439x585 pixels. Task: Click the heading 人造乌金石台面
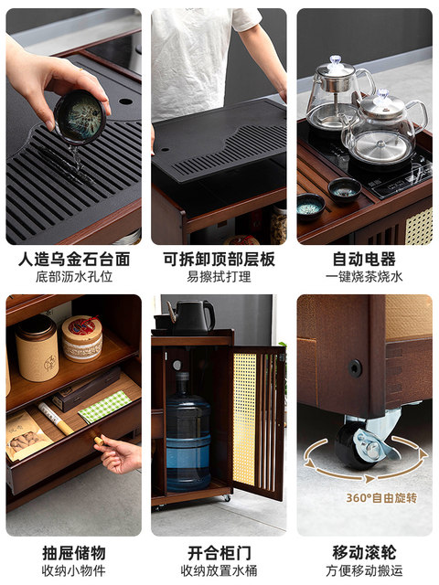click(x=74, y=260)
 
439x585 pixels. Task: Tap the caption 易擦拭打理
click(x=219, y=277)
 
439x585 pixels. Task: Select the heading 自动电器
click(x=364, y=260)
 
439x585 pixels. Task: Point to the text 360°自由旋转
click(x=381, y=498)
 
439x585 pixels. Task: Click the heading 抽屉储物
click(x=74, y=553)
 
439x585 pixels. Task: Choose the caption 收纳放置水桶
click(x=219, y=570)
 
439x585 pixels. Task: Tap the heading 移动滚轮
click(x=364, y=553)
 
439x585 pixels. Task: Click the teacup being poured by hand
click(x=80, y=117)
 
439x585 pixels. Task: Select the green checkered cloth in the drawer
click(x=105, y=406)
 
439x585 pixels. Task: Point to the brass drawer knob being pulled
click(x=99, y=441)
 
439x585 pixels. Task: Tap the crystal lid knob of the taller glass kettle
click(x=336, y=59)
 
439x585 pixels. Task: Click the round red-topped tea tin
click(x=82, y=338)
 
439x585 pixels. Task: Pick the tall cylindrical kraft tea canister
click(x=37, y=348)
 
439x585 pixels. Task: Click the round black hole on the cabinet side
click(x=355, y=367)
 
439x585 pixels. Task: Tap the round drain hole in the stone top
click(x=126, y=101)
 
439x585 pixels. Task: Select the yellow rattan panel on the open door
click(x=244, y=419)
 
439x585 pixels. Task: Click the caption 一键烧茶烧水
click(x=364, y=277)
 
